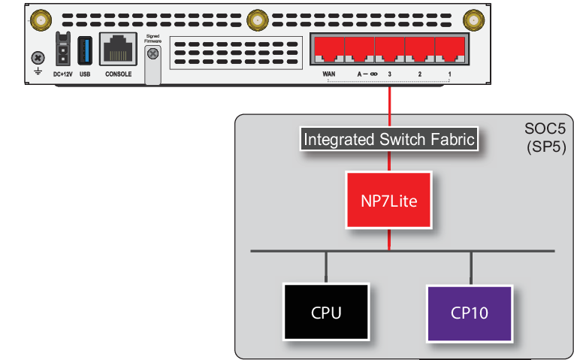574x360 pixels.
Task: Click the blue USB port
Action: click(x=85, y=52)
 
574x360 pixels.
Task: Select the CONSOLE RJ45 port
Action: click(x=118, y=52)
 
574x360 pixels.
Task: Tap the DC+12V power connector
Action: click(x=62, y=52)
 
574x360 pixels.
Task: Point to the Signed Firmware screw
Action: click(x=153, y=54)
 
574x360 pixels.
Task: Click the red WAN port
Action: click(x=329, y=50)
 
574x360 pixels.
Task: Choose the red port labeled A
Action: click(x=359, y=50)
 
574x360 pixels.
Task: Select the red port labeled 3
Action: click(x=389, y=50)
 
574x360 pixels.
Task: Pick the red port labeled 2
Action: click(x=419, y=50)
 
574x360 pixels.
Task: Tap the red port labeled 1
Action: click(x=449, y=50)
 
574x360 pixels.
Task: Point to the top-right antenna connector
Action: click(x=473, y=18)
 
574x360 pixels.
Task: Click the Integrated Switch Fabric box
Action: click(x=389, y=139)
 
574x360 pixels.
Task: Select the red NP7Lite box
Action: click(x=389, y=200)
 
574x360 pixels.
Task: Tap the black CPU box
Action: click(x=326, y=310)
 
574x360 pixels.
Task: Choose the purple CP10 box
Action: click(x=470, y=310)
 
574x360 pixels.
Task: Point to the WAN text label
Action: click(x=328, y=75)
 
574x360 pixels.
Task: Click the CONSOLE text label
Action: click(x=119, y=74)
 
